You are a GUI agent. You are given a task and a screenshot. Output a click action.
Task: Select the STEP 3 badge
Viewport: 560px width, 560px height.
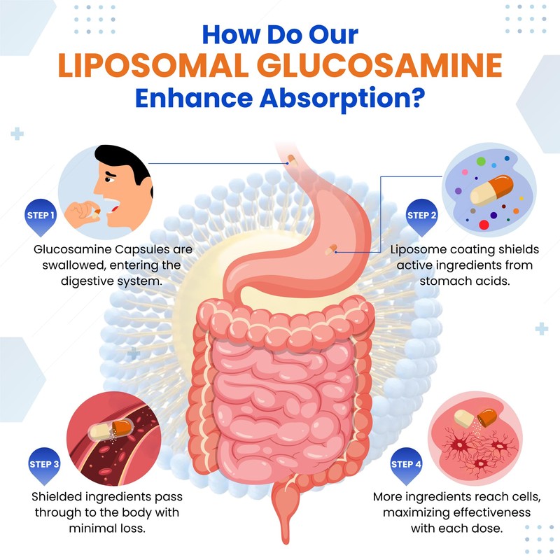coord(44,465)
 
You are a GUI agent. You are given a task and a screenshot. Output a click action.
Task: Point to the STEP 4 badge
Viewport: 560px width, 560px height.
coord(406,465)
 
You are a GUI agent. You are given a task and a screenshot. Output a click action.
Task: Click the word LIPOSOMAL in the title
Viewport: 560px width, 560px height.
coord(153,65)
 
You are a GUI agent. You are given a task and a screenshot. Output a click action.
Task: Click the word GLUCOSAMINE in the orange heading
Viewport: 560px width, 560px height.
coord(379,65)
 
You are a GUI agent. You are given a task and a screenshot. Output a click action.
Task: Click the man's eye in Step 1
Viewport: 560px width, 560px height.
coord(109,178)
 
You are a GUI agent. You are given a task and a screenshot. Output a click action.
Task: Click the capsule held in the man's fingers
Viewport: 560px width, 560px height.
coord(97,213)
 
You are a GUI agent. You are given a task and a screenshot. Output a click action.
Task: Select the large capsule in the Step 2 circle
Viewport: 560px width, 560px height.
coord(492,190)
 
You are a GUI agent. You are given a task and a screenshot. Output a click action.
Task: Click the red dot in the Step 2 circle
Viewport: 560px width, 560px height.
coord(484,225)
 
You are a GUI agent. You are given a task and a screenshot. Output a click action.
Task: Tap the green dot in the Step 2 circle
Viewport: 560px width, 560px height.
coord(481,161)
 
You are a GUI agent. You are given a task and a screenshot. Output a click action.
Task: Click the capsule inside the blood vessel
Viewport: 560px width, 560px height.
coord(111,429)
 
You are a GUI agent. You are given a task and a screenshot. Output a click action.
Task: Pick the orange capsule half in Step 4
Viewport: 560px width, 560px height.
coord(487,417)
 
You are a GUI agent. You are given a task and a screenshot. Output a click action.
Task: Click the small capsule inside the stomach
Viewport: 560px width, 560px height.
coord(331,250)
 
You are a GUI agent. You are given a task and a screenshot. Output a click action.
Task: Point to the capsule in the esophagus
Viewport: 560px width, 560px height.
coord(293,160)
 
